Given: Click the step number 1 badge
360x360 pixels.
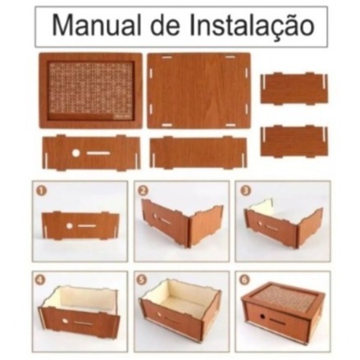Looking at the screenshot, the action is pyautogui.click(x=40, y=191).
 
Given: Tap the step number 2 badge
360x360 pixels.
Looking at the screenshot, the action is pyautogui.click(x=143, y=191).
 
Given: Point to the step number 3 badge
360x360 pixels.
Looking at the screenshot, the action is pyautogui.click(x=244, y=191).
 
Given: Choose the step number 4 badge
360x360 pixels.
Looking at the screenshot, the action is pyautogui.click(x=40, y=280).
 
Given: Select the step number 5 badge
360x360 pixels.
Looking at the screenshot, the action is pyautogui.click(x=143, y=280).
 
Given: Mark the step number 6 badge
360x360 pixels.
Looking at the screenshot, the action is pyautogui.click(x=244, y=280).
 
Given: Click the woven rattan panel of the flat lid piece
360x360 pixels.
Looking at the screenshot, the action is pyautogui.click(x=91, y=89).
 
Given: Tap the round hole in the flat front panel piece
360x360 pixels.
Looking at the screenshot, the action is pyautogui.click(x=75, y=153).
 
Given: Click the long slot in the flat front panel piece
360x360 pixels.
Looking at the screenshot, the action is pyautogui.click(x=98, y=153).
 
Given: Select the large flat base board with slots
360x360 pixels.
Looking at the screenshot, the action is pyautogui.click(x=198, y=91).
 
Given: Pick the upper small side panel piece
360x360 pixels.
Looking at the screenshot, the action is pyautogui.click(x=294, y=89).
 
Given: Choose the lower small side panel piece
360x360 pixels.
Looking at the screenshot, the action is pyautogui.click(x=294, y=142).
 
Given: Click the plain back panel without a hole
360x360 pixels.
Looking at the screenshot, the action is pyautogui.click(x=198, y=153).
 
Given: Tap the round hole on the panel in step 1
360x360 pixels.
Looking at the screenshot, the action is pyautogui.click(x=70, y=226).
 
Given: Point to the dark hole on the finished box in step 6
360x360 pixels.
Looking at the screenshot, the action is pyautogui.click(x=262, y=317).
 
